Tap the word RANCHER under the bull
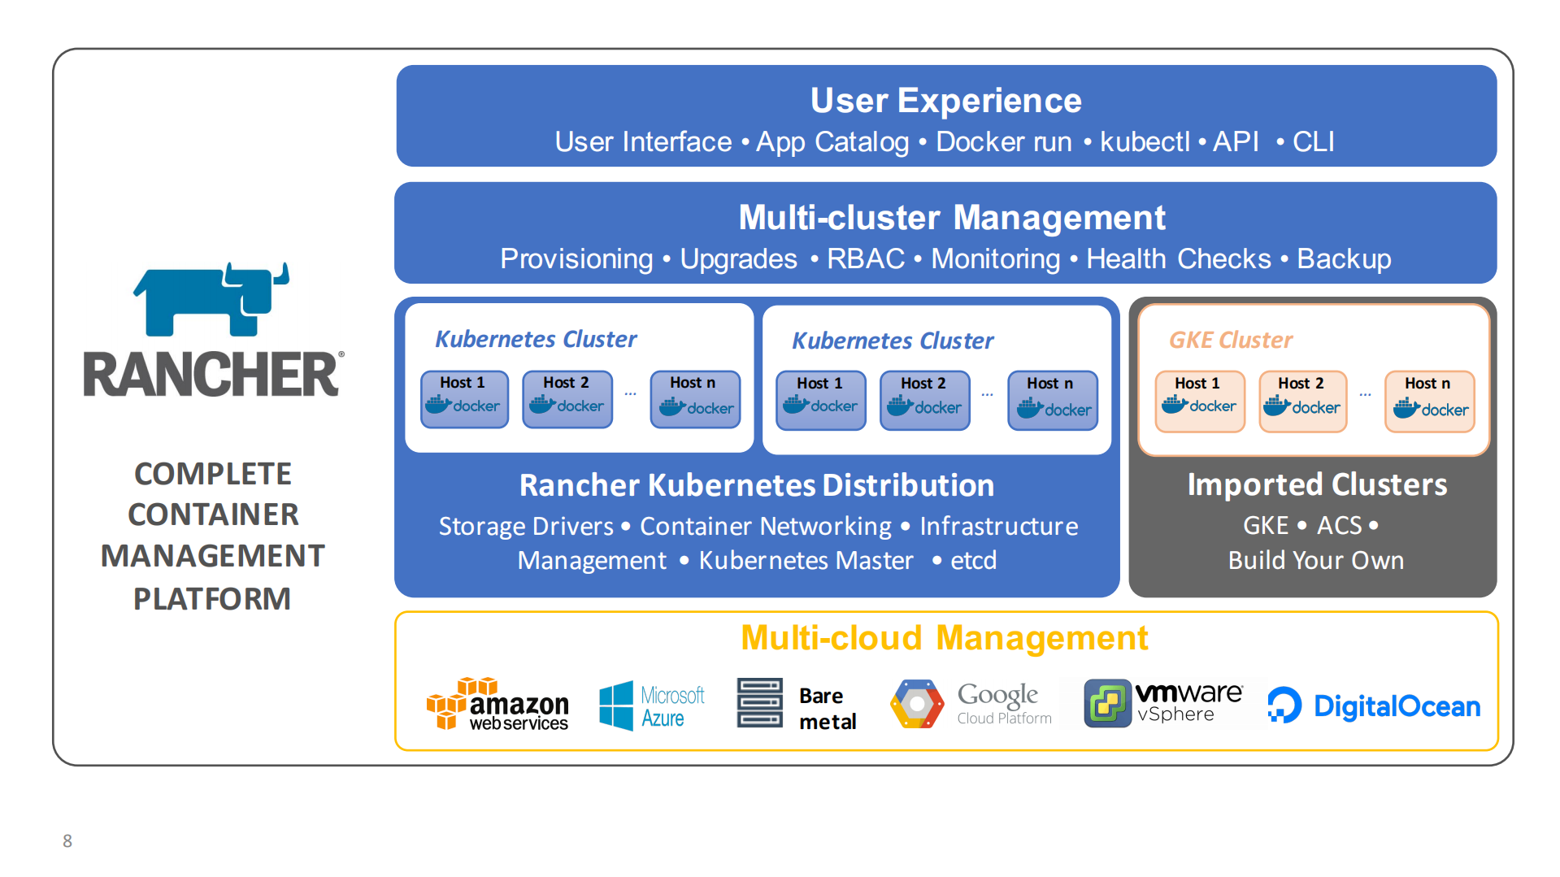coord(211,375)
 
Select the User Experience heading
coord(945,101)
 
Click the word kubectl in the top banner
coord(1144,141)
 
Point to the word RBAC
coord(865,258)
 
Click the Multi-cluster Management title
coord(951,218)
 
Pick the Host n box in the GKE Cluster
coord(1429,400)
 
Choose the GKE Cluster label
coord(1230,340)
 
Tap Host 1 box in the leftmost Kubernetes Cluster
coord(464,398)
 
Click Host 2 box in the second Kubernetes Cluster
coord(924,400)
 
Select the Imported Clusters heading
coord(1316,484)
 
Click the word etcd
coord(973,560)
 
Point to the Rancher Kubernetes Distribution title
coord(756,485)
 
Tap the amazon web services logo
coord(498,704)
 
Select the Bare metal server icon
coord(759,703)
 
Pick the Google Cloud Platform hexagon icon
coord(917,704)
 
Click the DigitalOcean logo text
coord(1396,706)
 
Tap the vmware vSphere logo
coord(1162,703)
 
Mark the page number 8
coord(67,840)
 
